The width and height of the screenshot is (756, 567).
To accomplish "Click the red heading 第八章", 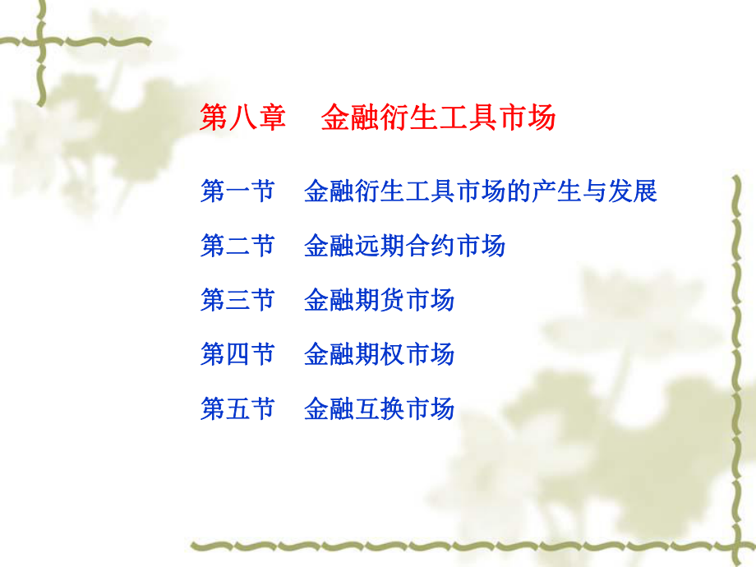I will tap(243, 118).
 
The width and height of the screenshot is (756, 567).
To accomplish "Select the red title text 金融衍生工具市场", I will tap(438, 118).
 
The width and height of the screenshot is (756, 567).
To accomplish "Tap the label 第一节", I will tap(237, 192).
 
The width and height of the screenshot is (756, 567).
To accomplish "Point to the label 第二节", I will tap(237, 246).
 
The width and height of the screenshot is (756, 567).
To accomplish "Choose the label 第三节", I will tap(237, 300).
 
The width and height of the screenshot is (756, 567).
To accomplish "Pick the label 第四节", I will tap(237, 354).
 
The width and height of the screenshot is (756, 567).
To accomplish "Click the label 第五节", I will tap(237, 408).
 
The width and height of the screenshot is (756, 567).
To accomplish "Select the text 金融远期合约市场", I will tap(404, 246).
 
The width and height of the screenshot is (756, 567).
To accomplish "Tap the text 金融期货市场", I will tap(379, 300).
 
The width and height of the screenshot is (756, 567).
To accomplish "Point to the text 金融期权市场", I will tap(379, 354).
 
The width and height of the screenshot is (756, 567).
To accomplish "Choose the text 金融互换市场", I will tap(379, 408).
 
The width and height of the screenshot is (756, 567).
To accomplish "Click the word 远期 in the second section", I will tap(379, 246).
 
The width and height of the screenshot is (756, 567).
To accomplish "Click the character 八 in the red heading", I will tap(243, 118).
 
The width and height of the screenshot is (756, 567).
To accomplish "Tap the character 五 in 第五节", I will tap(237, 408).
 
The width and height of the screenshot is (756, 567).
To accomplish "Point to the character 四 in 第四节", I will tap(237, 354).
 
